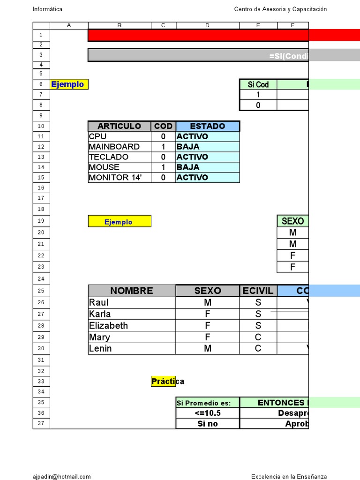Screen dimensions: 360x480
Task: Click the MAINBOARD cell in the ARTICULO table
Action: click(114, 147)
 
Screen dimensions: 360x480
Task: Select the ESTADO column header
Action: click(207, 126)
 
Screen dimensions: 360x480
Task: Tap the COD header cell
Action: click(164, 126)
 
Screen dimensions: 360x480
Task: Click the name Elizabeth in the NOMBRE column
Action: click(108, 326)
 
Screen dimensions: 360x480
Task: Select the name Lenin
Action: click(100, 348)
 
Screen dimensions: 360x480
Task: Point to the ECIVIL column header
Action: click(258, 291)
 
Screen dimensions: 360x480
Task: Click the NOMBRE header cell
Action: click(131, 291)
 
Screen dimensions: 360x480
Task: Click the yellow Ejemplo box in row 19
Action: click(119, 222)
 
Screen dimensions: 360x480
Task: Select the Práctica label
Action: click(167, 382)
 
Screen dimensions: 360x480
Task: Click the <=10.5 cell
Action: click(207, 413)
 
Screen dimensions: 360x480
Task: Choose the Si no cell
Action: click(207, 424)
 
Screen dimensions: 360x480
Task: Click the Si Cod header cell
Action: click(258, 84)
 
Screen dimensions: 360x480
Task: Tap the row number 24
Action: click(41, 279)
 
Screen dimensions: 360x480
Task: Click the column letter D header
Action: click(207, 25)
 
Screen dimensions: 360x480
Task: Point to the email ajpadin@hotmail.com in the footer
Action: click(62, 477)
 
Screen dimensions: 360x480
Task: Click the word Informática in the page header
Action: click(47, 9)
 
